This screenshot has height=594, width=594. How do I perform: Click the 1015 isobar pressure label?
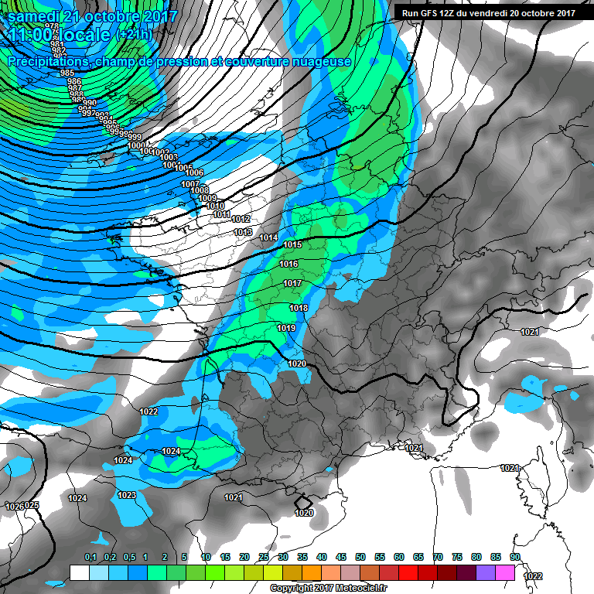point(292,244)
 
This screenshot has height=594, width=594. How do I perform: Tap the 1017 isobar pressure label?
point(292,284)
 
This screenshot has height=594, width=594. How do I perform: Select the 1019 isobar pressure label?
point(286,328)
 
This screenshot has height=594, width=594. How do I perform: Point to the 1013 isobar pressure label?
point(243,232)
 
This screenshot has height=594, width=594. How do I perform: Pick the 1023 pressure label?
point(127,495)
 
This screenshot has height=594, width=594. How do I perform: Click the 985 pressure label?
point(67,73)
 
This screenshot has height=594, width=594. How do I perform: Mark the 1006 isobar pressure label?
point(194,172)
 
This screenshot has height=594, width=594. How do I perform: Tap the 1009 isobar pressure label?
point(207,199)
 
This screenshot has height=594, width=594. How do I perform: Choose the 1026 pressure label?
point(14,507)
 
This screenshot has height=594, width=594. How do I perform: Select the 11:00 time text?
point(35,35)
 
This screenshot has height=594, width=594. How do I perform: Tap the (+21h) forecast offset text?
point(134,36)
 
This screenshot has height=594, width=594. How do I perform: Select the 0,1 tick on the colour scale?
point(90,558)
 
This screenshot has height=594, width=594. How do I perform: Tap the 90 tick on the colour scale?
point(514,558)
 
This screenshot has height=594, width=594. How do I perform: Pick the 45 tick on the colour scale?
point(341,558)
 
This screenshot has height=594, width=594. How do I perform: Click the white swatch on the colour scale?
point(79,572)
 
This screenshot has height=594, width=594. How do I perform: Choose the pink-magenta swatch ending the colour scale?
point(505,572)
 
